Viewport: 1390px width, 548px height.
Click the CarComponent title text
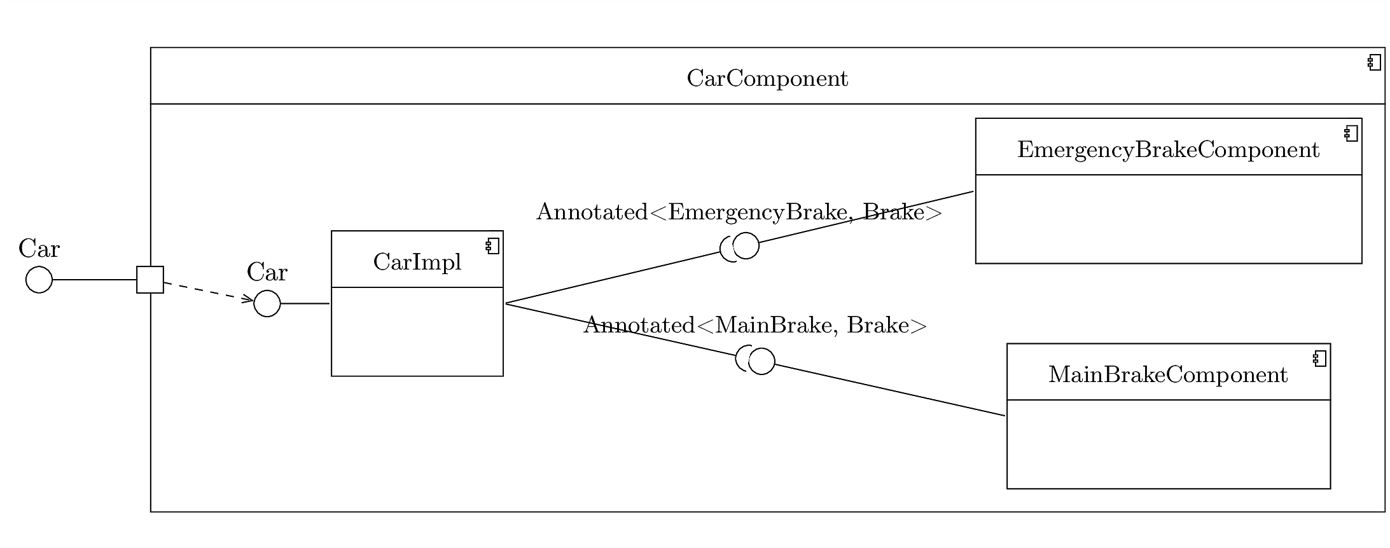coord(767,79)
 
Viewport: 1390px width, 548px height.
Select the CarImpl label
coord(417,262)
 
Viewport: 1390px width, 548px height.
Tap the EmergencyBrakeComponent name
coord(1168,150)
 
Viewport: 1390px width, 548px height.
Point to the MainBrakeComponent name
coord(1167,375)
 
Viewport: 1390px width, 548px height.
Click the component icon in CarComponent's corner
coord(1373,63)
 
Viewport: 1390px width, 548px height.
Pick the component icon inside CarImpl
coord(493,246)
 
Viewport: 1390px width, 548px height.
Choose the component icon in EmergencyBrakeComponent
coord(1351,134)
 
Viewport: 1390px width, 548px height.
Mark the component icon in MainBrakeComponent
coord(1319,359)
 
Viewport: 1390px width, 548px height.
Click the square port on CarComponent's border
coord(150,280)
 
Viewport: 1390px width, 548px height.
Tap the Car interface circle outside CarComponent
coord(39,280)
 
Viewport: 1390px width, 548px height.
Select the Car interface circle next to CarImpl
coord(267,304)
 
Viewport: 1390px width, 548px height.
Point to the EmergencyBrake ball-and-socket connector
coord(741,247)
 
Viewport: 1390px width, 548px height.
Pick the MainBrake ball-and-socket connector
coord(757,360)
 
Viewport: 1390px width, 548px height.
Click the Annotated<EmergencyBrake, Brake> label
coord(739,212)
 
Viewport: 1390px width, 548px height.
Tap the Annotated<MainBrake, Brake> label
coord(755,325)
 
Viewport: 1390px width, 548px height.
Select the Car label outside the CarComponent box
coord(39,249)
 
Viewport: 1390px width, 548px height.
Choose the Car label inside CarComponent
coord(267,272)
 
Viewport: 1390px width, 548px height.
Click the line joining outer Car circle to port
coord(94,280)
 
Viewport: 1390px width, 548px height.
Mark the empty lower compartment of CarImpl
coord(417,331)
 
